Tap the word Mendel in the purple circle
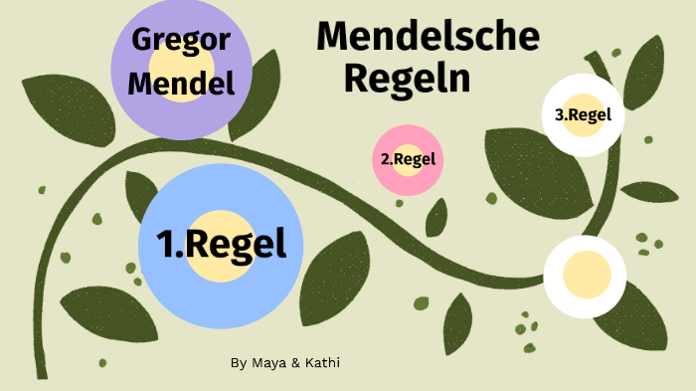[181, 84]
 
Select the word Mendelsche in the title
[428, 37]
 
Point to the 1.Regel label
[221, 243]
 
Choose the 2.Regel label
[408, 158]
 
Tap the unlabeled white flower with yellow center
[585, 276]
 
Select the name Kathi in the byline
[321, 363]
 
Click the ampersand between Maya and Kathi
[295, 363]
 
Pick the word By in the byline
[238, 363]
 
